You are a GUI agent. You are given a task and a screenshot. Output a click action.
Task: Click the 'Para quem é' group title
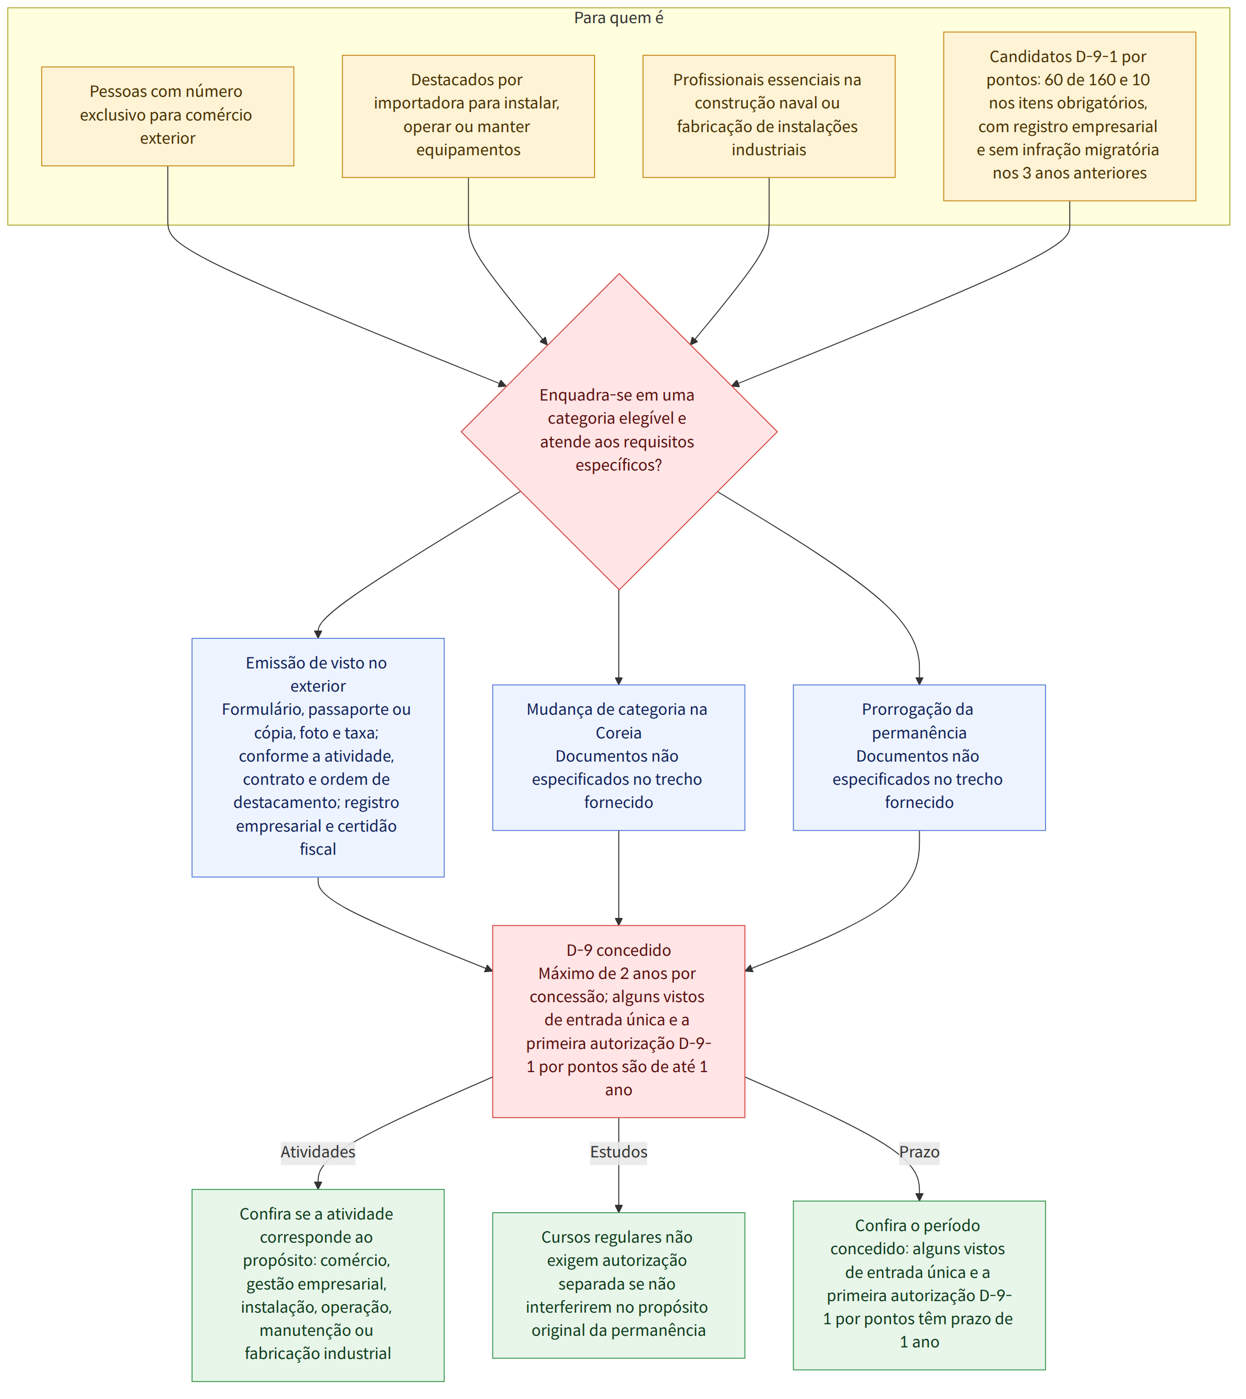pos(618,18)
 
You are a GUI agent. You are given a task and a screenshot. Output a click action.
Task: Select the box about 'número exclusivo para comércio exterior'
pos(168,116)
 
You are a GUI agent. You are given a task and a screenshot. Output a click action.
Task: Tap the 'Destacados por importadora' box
pos(468,116)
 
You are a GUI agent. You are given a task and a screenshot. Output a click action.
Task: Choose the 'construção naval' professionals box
pos(769,116)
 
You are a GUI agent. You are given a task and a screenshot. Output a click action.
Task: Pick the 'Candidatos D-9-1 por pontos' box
pos(1069,116)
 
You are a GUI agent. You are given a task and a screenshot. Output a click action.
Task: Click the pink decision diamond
pos(619,432)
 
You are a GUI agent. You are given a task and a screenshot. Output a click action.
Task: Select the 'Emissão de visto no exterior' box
pos(318,758)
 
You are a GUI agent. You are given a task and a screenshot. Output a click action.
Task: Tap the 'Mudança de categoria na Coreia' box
pos(619,758)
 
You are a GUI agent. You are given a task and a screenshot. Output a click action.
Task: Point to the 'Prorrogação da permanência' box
pos(919,758)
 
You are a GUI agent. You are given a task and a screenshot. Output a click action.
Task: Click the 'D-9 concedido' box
pos(619,1022)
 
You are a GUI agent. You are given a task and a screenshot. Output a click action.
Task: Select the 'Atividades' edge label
pos(318,1152)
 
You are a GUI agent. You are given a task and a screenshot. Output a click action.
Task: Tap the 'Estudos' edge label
pos(619,1152)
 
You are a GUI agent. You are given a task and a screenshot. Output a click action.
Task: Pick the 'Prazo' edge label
pos(919,1152)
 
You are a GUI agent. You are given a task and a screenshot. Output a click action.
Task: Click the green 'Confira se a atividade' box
pos(318,1285)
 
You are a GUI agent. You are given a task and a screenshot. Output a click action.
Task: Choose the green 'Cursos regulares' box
pos(619,1285)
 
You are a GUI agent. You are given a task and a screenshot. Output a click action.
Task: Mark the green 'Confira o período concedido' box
pos(919,1285)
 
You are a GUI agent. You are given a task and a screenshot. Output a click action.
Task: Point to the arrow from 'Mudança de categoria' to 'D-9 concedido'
pos(619,878)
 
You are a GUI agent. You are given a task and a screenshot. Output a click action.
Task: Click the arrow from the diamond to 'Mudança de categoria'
pos(619,637)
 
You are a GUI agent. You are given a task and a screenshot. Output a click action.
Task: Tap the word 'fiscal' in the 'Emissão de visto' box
pos(318,849)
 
